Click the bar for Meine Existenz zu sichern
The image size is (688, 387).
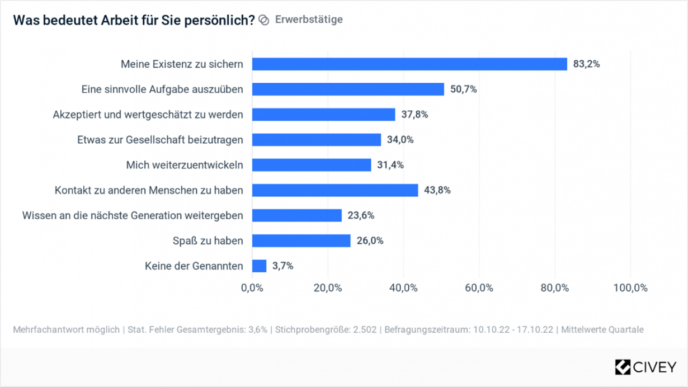409,64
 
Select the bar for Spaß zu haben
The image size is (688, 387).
301,240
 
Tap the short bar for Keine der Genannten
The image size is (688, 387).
259,266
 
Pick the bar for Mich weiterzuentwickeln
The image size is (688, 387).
312,165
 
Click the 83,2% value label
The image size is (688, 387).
586,64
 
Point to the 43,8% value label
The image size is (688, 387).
437,190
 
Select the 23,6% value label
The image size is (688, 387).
361,215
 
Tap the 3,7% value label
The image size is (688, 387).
282,266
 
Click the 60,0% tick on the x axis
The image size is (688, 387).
479,288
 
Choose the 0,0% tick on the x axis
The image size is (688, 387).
252,288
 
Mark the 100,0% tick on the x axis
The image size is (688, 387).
630,288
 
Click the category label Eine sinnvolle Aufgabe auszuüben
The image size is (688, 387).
162,89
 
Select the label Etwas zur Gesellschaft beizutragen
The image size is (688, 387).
160,140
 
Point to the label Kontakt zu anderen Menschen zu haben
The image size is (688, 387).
149,190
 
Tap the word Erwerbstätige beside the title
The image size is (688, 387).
309,20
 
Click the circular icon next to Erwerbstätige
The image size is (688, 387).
264,20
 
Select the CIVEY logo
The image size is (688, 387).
645,367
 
